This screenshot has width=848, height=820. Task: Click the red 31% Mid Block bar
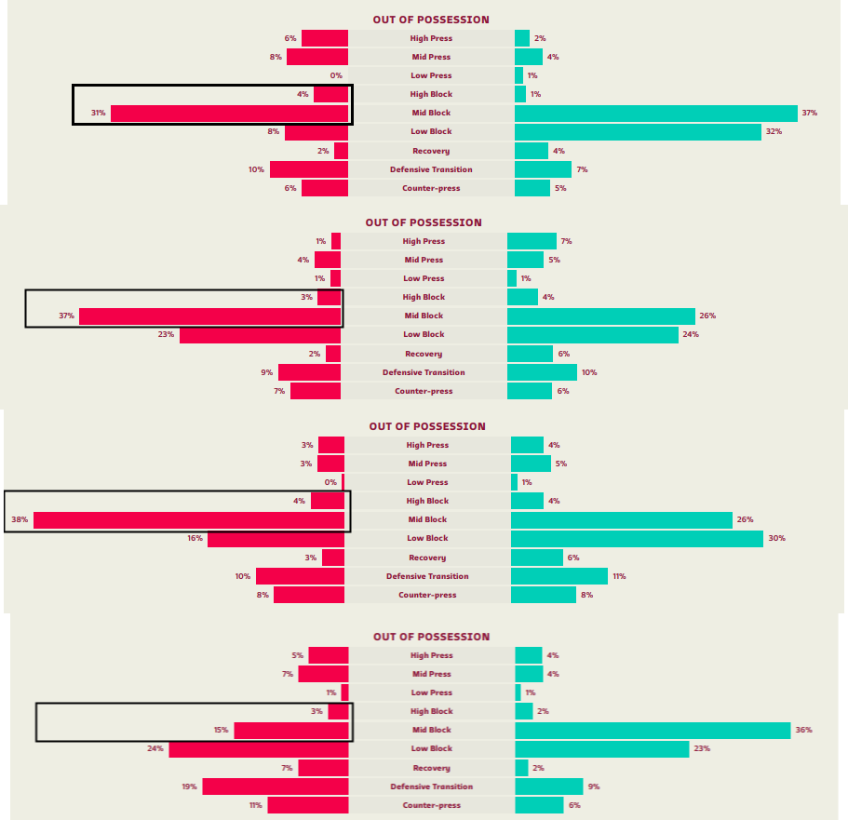pos(229,114)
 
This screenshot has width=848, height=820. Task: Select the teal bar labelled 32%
pos(638,132)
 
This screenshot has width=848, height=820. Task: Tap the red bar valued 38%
pos(189,519)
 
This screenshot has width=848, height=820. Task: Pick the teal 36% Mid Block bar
pos(653,730)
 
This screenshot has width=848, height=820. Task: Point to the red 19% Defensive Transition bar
pos(276,786)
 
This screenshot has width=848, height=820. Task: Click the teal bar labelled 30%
pos(637,538)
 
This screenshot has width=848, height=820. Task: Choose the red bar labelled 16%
pos(276,538)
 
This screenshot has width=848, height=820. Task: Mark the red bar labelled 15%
pos(291,730)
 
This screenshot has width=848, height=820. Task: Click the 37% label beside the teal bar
pos(809,114)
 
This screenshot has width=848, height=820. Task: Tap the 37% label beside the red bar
pos(66,316)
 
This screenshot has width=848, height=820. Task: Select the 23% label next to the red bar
pos(167,334)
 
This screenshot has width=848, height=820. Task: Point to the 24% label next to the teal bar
pos(691,334)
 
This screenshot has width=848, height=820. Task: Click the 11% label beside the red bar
pos(256,805)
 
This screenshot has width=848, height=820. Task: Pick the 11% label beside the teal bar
pos(619,576)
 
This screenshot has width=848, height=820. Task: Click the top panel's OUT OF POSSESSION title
pos(431,20)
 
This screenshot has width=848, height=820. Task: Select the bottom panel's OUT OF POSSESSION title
pos(431,637)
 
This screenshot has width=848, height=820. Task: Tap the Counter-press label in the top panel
pos(431,188)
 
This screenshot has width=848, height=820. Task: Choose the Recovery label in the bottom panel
pos(431,768)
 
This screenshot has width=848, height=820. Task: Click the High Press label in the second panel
pos(424,241)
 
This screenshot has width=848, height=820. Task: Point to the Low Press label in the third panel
pos(427,482)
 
